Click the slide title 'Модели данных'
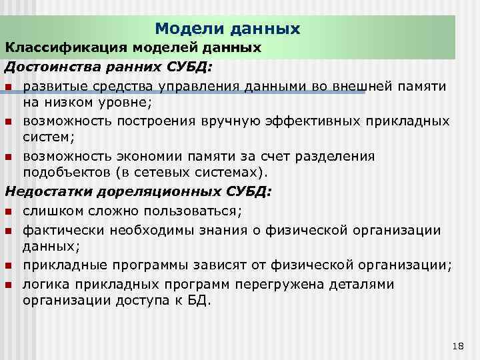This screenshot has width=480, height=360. point(227,29)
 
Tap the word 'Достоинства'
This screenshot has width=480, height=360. point(43,67)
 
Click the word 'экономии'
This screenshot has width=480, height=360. point(137,157)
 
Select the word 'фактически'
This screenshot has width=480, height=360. point(61,230)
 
